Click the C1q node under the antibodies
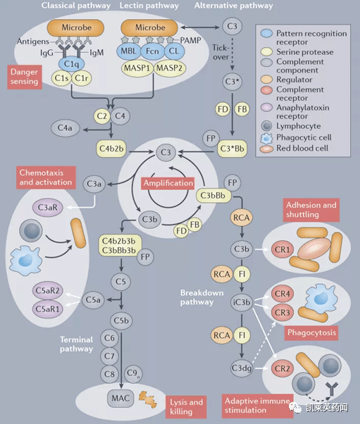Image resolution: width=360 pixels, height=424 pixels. pyautogui.click(x=71, y=64)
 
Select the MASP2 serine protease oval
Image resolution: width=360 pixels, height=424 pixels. pyautogui.click(x=170, y=68)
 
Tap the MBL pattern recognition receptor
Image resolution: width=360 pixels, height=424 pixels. pyautogui.click(x=129, y=51)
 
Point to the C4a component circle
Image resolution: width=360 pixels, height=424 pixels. pyautogui.click(x=66, y=128)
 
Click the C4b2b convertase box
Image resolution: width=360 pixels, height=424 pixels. pyautogui.click(x=111, y=149)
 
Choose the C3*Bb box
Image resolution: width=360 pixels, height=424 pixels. pyautogui.click(x=232, y=149)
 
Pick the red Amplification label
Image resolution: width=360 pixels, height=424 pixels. pyautogui.click(x=168, y=183)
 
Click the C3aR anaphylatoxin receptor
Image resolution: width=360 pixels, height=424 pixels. pyautogui.click(x=48, y=208)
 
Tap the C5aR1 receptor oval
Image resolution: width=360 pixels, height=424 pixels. pyautogui.click(x=48, y=308)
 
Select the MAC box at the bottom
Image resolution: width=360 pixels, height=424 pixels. pyautogui.click(x=120, y=398)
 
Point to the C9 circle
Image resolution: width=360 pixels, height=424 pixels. pyautogui.click(x=133, y=374)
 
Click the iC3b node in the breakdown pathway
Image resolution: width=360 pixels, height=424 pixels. pyautogui.click(x=242, y=302)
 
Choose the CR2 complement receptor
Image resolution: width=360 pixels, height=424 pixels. pyautogui.click(x=283, y=368)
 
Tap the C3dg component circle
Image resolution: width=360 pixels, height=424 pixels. pyautogui.click(x=242, y=368)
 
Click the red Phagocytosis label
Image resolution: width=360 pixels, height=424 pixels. pyautogui.click(x=311, y=332)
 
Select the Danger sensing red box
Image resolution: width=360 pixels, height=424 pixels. pyautogui.click(x=25, y=77)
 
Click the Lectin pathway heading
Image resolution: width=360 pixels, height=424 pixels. pyautogui.click(x=149, y=6)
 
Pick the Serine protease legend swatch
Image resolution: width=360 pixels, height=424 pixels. pyautogui.click(x=266, y=52)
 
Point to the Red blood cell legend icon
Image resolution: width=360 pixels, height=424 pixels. pyautogui.click(x=266, y=149)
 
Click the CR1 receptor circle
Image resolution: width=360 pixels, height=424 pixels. pyautogui.click(x=283, y=249)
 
